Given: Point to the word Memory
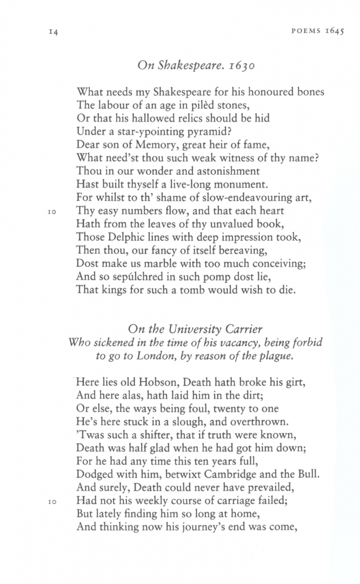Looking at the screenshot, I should coord(144,145).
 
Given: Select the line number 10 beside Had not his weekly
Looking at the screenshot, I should coord(46,501).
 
